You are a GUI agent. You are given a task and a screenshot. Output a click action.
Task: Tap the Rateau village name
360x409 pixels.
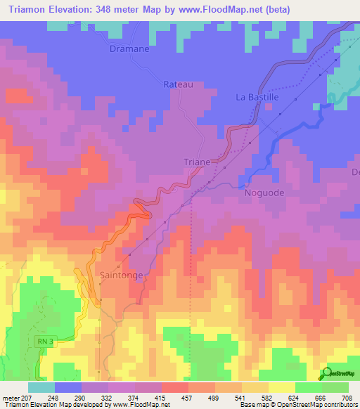point(178,84)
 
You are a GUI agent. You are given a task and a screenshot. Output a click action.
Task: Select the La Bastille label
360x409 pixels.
point(257,98)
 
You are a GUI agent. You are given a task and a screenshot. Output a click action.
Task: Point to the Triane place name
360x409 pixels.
point(198,162)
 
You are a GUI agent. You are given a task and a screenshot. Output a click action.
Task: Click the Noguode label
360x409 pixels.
point(264,192)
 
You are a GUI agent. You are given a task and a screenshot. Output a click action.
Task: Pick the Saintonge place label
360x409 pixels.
point(124,275)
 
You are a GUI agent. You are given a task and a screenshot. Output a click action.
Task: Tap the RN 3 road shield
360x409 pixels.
point(44,342)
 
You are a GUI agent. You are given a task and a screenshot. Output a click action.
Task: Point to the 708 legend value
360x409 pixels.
point(346,397)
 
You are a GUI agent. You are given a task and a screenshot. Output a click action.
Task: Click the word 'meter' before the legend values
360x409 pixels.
point(10,397)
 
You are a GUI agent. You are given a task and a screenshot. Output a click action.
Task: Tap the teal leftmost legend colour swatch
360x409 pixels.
point(41,387)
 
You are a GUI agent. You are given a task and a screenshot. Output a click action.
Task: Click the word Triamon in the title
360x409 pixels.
point(29,8)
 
